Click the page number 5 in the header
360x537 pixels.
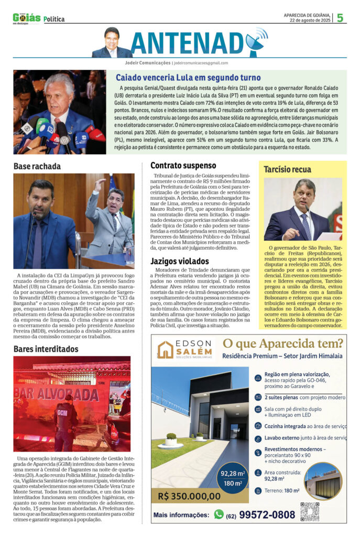click(x=340, y=18)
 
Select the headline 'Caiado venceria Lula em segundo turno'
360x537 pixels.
click(x=188, y=77)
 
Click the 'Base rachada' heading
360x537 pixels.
click(x=37, y=166)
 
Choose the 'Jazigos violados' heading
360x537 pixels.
click(x=180, y=261)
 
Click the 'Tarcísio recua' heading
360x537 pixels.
click(x=288, y=169)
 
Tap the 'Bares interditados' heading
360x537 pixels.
click(x=46, y=348)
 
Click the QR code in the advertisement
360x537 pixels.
click(x=310, y=511)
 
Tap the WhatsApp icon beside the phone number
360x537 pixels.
click(x=219, y=514)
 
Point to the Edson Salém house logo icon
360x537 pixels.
click(x=165, y=350)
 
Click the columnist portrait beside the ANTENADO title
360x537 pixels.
click(x=112, y=42)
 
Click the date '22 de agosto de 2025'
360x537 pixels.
click(x=309, y=20)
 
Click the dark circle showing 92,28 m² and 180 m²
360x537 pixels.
click(x=234, y=478)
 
